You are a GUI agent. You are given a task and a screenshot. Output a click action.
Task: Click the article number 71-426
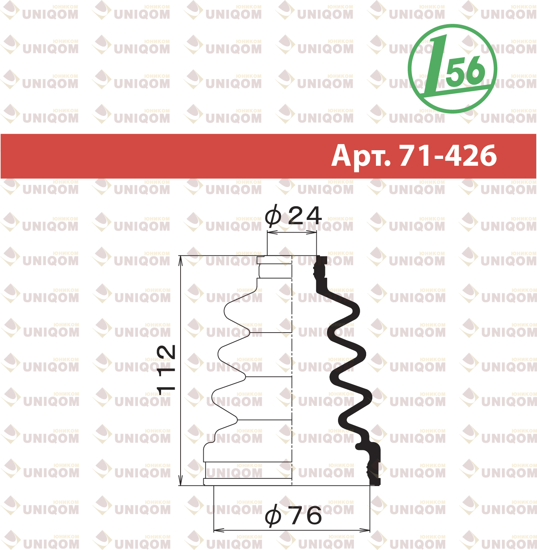tap(448, 156)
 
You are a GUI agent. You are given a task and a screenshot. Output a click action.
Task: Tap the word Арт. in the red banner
tap(361, 156)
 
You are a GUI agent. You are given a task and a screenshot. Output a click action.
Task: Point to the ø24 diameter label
tap(293, 216)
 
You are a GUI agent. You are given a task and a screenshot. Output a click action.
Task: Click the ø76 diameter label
tap(293, 515)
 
